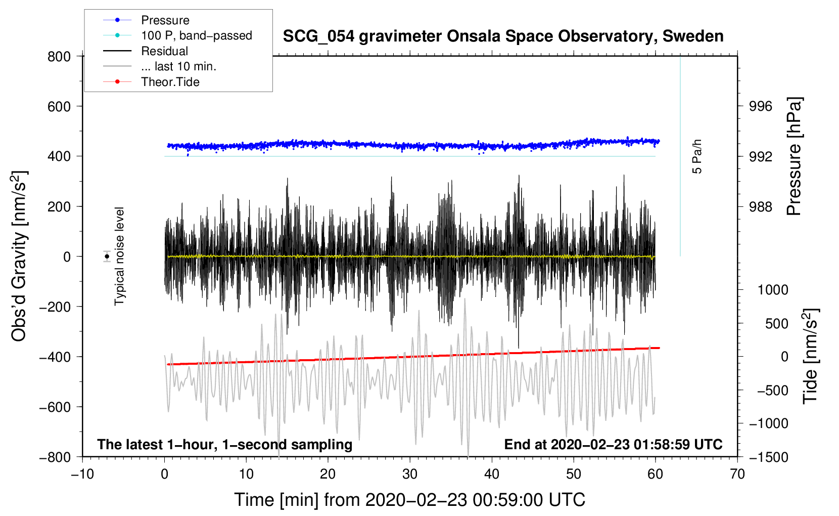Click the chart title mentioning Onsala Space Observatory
pyautogui.click(x=503, y=36)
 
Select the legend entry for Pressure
pyautogui.click(x=165, y=20)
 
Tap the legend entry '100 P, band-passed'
pyautogui.click(x=196, y=35)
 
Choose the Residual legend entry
pyautogui.click(x=164, y=51)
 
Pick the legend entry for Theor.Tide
pyautogui.click(x=170, y=82)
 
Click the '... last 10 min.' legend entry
pyautogui.click(x=178, y=66)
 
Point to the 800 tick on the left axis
pyautogui.click(x=59, y=57)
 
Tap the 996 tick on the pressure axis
pyautogui.click(x=761, y=106)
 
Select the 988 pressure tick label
pyautogui.click(x=761, y=207)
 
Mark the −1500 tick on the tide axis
pyautogui.click(x=768, y=457)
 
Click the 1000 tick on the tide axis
pyautogui.click(x=772, y=290)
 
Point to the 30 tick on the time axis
pyautogui.click(x=410, y=474)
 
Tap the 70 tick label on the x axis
pyautogui.click(x=737, y=474)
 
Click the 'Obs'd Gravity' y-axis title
pyautogui.click(x=19, y=256)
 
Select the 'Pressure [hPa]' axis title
pyautogui.click(x=795, y=157)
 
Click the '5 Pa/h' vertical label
pyautogui.click(x=697, y=156)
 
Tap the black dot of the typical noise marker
pyautogui.click(x=107, y=256)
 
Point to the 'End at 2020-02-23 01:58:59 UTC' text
pyautogui.click(x=613, y=445)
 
